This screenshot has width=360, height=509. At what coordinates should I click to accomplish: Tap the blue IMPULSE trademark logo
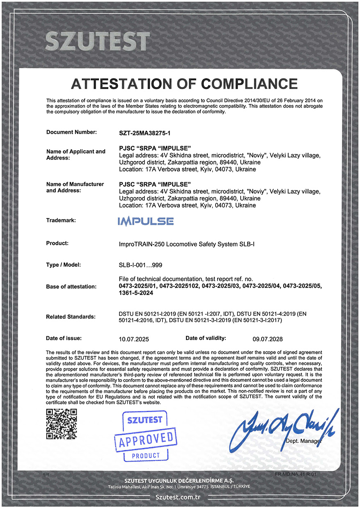[x=146, y=221]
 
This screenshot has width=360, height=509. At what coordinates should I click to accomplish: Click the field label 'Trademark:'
[x=61, y=220]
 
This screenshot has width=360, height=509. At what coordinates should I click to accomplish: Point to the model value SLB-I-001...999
[x=143, y=265]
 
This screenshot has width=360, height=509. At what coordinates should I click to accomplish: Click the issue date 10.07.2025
[x=134, y=339]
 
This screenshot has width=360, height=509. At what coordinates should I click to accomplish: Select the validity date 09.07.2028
[x=268, y=339]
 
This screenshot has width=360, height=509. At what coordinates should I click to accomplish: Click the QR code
[x=61, y=424]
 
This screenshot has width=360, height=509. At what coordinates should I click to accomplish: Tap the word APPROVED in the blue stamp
[x=146, y=440]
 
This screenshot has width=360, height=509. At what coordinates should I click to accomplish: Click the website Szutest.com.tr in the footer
[x=180, y=497]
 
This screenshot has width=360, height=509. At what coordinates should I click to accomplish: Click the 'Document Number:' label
[x=72, y=132]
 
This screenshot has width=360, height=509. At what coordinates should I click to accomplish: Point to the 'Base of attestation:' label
[x=71, y=287]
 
